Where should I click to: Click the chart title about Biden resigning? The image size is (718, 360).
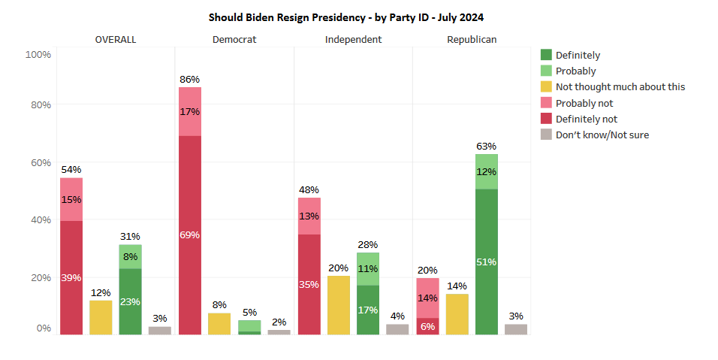(346, 17)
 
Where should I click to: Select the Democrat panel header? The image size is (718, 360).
(234, 40)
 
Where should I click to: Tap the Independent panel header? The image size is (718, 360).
(353, 40)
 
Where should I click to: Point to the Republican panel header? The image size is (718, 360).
(472, 40)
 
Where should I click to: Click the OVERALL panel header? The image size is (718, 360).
(116, 40)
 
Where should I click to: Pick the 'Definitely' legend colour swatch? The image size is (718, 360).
(546, 55)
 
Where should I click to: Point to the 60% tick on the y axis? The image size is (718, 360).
(41, 163)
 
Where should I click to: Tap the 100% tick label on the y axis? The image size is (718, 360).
(38, 55)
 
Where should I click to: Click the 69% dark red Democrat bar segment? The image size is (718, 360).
(189, 235)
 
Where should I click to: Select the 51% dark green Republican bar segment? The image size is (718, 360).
(486, 262)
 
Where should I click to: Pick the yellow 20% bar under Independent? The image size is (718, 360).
(339, 305)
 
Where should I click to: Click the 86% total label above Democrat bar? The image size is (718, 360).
(189, 80)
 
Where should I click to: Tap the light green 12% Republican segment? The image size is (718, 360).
(486, 172)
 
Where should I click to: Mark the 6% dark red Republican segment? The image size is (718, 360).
(427, 326)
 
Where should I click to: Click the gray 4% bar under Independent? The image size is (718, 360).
(397, 329)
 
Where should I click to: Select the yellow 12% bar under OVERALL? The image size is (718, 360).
(101, 317)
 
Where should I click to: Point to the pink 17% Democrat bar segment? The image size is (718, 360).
(189, 112)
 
